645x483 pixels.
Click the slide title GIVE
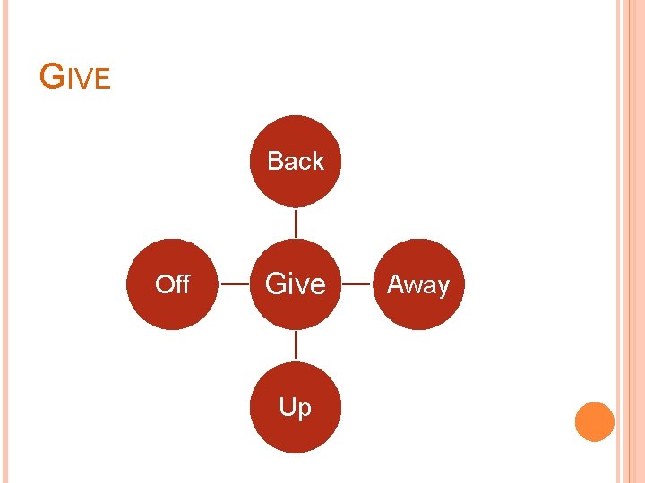[x=75, y=79]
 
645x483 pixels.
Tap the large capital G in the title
[x=52, y=78]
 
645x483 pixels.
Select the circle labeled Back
[x=296, y=161]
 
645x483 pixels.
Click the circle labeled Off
[x=172, y=284]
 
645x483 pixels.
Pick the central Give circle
[x=296, y=284]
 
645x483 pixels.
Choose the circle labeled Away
[x=418, y=284]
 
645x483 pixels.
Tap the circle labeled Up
[x=296, y=408]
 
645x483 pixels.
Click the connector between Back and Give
[x=296, y=223]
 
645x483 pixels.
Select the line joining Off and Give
[x=234, y=284]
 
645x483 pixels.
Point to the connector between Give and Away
[x=357, y=284]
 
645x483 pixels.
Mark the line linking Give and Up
[x=296, y=346]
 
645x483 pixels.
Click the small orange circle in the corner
[x=594, y=422]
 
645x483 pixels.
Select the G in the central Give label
[x=275, y=284]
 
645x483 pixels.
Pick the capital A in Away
[x=394, y=284]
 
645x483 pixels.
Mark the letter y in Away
[x=443, y=287]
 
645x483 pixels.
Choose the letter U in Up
[x=288, y=408]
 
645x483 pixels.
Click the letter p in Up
[x=305, y=411]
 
